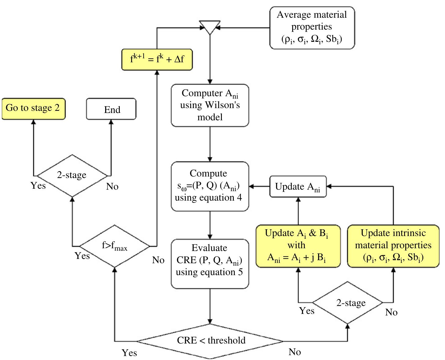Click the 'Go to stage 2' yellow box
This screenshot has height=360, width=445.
[33, 108]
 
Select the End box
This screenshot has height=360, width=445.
[111, 109]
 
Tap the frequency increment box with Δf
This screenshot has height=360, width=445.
[157, 59]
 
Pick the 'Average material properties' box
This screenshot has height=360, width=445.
[312, 28]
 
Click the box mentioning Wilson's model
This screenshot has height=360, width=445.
[210, 105]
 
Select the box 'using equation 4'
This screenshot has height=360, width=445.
[210, 186]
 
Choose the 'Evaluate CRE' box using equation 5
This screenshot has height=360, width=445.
[210, 264]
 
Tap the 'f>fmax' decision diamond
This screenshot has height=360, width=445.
[115, 246]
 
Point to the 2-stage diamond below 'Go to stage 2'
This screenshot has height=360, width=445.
[72, 175]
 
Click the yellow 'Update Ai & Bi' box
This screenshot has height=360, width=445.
[298, 246]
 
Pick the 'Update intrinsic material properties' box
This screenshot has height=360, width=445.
[393, 246]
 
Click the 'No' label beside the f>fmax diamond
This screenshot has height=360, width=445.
[158, 260]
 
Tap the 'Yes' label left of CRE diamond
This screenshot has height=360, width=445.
[129, 353]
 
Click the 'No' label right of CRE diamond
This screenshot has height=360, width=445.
[295, 352]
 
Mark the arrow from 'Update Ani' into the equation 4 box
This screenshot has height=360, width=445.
[259, 186]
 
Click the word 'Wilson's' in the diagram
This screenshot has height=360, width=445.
[222, 105]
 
